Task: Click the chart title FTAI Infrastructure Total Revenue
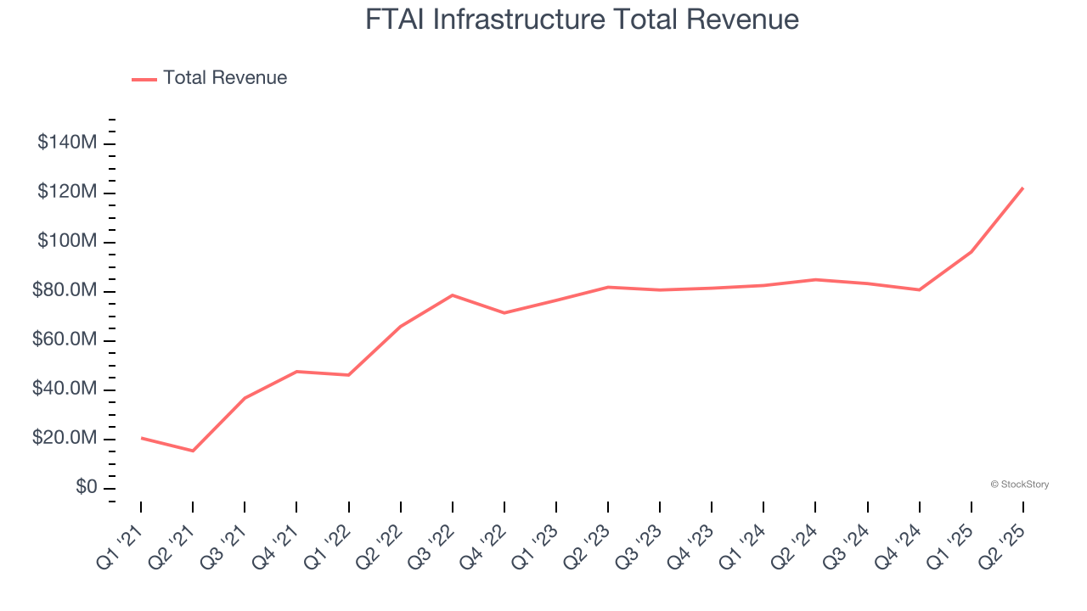pyautogui.click(x=582, y=20)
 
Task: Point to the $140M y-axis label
pyautogui.click(x=67, y=143)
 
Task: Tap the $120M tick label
pyautogui.click(x=67, y=192)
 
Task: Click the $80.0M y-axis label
pyautogui.click(x=64, y=291)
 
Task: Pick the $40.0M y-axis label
pyautogui.click(x=64, y=390)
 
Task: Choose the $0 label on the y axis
pyautogui.click(x=86, y=488)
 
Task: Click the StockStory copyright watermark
pyautogui.click(x=1019, y=485)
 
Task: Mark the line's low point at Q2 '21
pyautogui.click(x=193, y=451)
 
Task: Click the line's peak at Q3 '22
pyautogui.click(x=453, y=295)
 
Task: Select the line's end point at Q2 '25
pyautogui.click(x=1022, y=188)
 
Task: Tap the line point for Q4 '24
pyautogui.click(x=920, y=290)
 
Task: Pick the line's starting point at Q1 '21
pyautogui.click(x=141, y=438)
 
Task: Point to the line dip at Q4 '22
pyautogui.click(x=504, y=313)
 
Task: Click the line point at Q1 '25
pyautogui.click(x=972, y=251)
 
